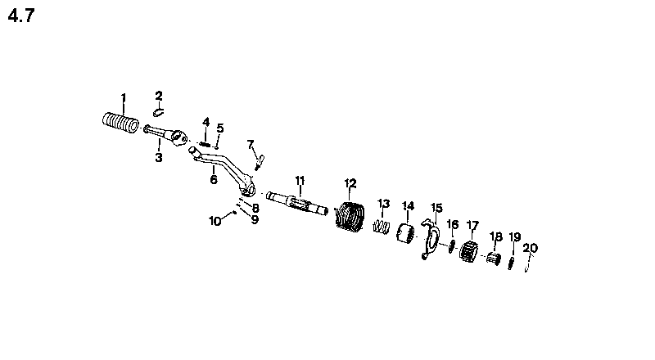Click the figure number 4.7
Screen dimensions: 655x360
pos(21,16)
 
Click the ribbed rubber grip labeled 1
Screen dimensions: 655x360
pos(120,123)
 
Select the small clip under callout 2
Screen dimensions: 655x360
pos(158,112)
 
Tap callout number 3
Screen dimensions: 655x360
pos(159,158)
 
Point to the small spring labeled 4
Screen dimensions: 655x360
pos(205,144)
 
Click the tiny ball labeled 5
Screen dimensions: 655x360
pos(217,147)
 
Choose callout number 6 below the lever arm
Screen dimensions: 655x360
pos(214,179)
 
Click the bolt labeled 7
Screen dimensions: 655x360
pos(260,162)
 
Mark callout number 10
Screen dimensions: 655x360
pos(215,221)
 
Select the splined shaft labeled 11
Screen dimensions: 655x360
pos(296,204)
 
